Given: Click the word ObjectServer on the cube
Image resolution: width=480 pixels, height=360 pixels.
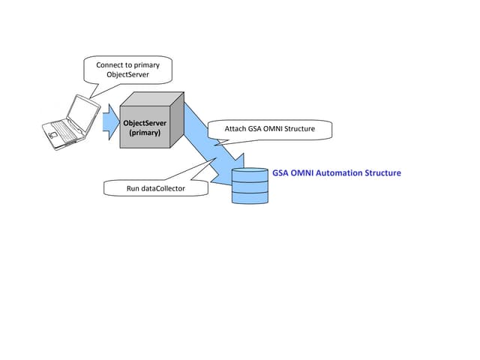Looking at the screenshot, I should coord(145,122).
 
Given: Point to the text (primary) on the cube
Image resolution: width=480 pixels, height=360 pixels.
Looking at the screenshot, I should coord(145,133).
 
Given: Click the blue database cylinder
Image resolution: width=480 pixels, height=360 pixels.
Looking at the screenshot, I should coord(250,186).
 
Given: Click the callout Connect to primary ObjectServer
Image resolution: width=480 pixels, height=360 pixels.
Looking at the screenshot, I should coord(128,70).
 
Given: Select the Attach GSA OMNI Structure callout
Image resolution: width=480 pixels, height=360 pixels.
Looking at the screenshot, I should coord(269,129).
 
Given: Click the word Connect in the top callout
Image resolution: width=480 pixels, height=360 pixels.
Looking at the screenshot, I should coord(110,65).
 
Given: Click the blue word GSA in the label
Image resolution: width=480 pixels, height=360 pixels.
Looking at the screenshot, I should coord(280,173).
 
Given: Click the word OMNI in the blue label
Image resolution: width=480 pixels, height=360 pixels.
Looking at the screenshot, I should coord(302,173).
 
